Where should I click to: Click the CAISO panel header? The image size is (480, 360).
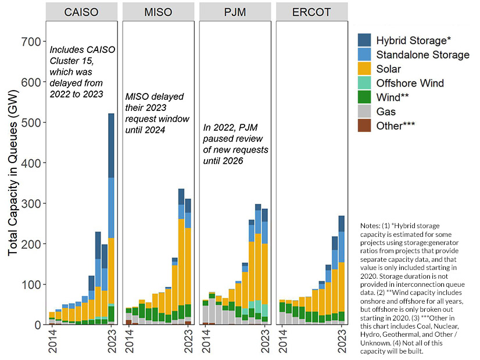click(82, 12)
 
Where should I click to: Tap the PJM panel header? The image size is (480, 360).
click(235, 12)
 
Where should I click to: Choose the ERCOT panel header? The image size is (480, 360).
click(312, 12)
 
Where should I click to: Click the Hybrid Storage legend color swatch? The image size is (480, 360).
click(364, 40)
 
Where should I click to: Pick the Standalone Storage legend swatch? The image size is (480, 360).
click(364, 55)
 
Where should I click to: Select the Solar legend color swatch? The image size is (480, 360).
click(364, 69)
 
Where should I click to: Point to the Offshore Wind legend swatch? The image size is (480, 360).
click(364, 83)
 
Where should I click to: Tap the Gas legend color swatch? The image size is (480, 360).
click(364, 111)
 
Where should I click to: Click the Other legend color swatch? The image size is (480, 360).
click(364, 125)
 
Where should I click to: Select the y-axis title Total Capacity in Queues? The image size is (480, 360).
click(13, 183)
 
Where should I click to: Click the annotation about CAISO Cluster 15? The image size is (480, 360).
click(82, 72)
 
